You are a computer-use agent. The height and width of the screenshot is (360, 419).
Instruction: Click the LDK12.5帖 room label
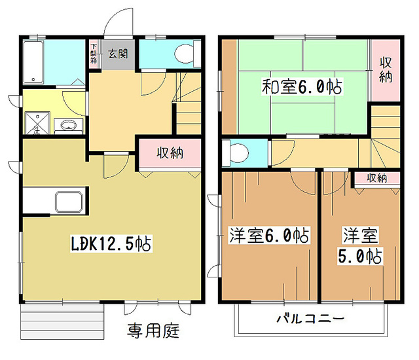111,243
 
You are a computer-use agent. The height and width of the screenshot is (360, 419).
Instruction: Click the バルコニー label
310,320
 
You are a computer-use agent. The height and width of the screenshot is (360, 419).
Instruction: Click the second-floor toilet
236,153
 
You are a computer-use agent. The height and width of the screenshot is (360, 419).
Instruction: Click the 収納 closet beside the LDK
169,154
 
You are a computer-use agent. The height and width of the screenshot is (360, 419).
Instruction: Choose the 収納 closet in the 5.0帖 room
376,178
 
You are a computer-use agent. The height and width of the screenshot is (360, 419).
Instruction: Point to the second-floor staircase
383,141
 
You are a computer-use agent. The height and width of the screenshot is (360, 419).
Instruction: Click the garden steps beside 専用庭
63,322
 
